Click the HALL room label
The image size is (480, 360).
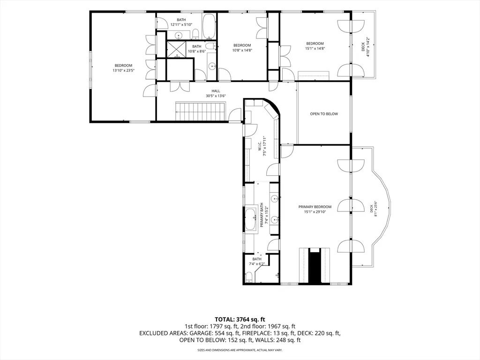coord(216,91)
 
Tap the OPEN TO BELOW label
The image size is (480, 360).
coord(324,114)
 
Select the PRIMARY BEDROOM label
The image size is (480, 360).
coord(315,207)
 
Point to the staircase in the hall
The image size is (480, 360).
coord(201,112)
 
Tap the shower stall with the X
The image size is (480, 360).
coord(176,49)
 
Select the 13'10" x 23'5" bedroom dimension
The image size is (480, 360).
coord(123,70)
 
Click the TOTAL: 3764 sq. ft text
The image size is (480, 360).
coord(240,320)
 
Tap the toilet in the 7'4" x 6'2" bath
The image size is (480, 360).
coord(249,277)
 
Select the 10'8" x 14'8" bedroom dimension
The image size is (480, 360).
coord(242,50)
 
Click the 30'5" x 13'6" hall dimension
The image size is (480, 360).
coord(216,96)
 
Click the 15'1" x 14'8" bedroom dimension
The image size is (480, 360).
coord(315,48)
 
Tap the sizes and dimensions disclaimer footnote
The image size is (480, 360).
coord(240,350)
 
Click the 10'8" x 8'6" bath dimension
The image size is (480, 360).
coord(197,52)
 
